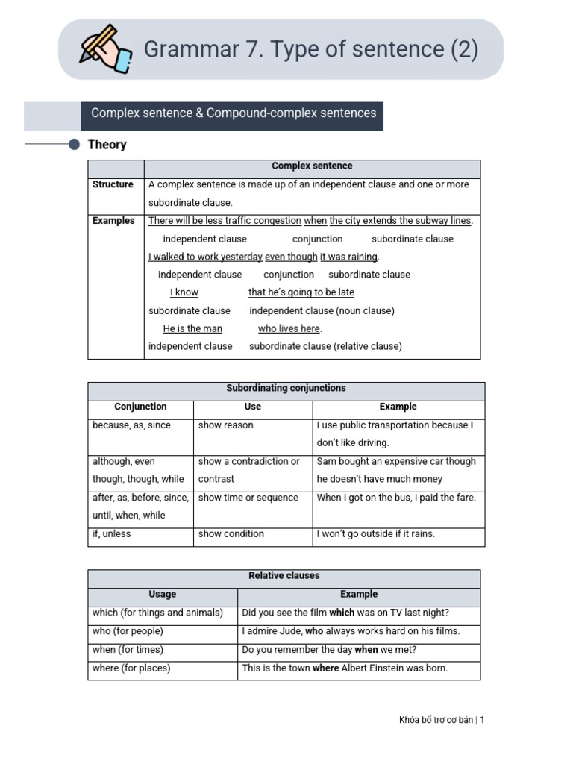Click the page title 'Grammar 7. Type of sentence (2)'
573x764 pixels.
coord(310,49)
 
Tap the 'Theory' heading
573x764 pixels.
coord(107,145)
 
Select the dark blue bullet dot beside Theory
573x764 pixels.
coord(75,145)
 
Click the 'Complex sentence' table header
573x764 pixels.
coord(312,166)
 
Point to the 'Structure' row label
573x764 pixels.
coord(113,184)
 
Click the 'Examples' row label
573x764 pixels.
coord(113,221)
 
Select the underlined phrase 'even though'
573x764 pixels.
coord(291,257)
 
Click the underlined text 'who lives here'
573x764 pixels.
coord(289,328)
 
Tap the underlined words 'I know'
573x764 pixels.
coord(184,292)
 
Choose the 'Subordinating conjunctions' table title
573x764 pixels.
coord(286,389)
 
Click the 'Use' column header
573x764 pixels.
coord(253,407)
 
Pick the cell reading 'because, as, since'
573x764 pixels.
coord(131,425)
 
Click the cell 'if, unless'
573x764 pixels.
coord(111,534)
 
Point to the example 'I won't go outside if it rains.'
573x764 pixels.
coord(375,534)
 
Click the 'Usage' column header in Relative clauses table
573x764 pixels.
coord(162,595)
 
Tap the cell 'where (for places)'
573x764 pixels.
coord(131,668)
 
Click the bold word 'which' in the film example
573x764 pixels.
coord(342,613)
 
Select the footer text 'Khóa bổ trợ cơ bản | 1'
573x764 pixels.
coord(442,720)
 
